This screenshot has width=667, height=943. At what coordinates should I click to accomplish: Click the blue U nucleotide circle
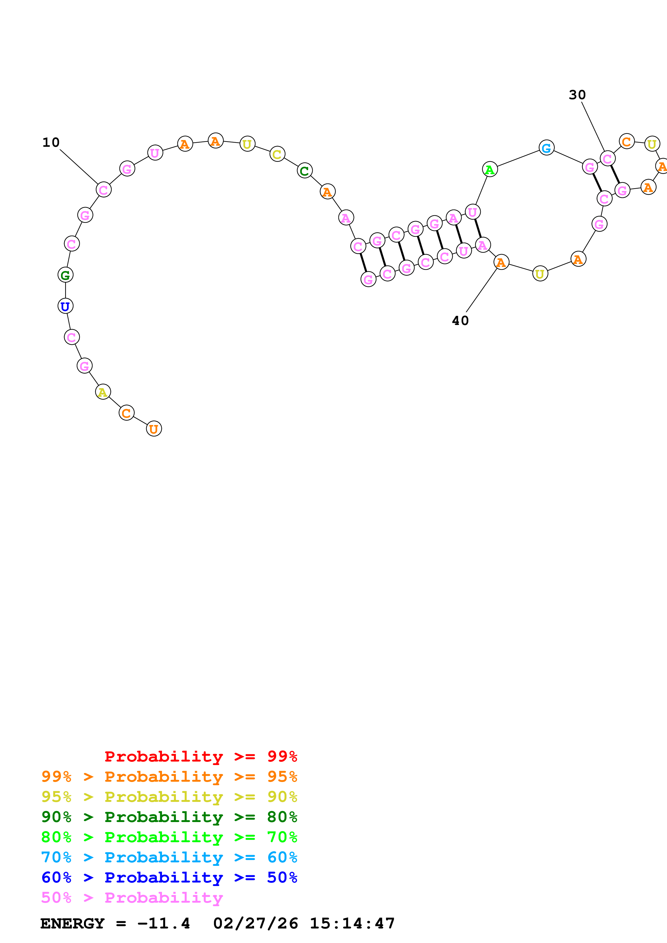(x=65, y=306)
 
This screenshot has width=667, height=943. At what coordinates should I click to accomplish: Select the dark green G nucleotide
(x=65, y=275)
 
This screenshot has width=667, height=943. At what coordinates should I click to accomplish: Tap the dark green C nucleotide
(x=305, y=170)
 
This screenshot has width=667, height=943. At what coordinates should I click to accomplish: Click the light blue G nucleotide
(x=546, y=148)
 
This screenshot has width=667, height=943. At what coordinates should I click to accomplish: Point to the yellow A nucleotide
(x=103, y=392)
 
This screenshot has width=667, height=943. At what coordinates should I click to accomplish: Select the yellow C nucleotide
(x=277, y=154)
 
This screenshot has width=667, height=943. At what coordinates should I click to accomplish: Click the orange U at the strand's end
(x=154, y=429)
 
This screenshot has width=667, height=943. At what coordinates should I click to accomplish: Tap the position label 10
(x=51, y=142)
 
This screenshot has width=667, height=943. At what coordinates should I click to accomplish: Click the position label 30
(x=577, y=95)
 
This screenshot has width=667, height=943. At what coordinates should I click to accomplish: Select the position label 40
(x=460, y=321)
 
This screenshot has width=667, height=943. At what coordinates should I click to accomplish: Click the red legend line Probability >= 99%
(x=200, y=756)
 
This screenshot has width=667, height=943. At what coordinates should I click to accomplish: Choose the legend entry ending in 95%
(x=169, y=777)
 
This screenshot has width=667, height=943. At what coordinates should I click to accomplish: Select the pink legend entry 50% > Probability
(x=132, y=897)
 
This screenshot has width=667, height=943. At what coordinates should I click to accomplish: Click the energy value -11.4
(x=164, y=923)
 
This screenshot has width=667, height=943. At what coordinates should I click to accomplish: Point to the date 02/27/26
(x=256, y=923)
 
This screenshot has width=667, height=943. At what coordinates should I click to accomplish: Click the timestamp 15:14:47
(x=352, y=923)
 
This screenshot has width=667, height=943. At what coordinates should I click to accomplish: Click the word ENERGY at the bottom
(x=72, y=923)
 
